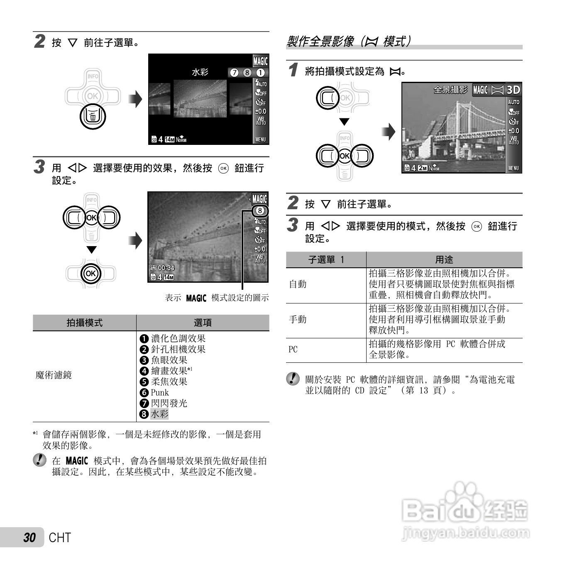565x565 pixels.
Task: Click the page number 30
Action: pos(29,538)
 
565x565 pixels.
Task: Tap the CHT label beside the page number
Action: pos(60,538)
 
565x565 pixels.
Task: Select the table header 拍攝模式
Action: pos(84,323)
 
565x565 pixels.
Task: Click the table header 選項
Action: pos(203,323)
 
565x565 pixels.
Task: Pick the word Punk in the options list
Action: pos(160,392)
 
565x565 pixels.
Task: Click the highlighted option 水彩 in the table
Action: pos(159,414)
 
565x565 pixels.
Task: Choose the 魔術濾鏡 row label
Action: pos(54,375)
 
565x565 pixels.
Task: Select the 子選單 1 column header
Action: pos(326,259)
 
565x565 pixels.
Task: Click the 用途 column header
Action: pos(444,259)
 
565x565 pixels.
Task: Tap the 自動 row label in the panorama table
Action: pos(298,284)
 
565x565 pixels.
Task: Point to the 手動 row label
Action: pos(298,319)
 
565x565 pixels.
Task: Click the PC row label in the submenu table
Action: pos(293,349)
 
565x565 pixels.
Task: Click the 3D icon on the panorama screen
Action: pos(513,90)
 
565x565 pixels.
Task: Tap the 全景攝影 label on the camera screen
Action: pos(450,90)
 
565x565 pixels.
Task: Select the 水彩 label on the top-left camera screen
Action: pos(200,72)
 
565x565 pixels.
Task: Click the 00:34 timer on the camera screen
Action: pos(166,268)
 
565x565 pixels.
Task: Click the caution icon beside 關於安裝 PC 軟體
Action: pos(293,379)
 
